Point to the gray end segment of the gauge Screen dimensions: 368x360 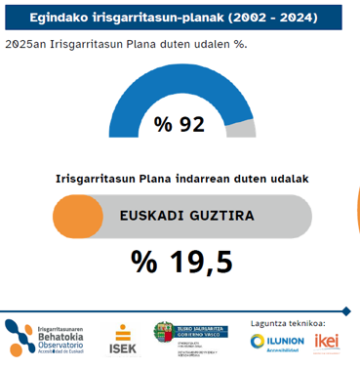click(247, 128)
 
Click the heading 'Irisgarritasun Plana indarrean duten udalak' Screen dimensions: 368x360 click(182, 180)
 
